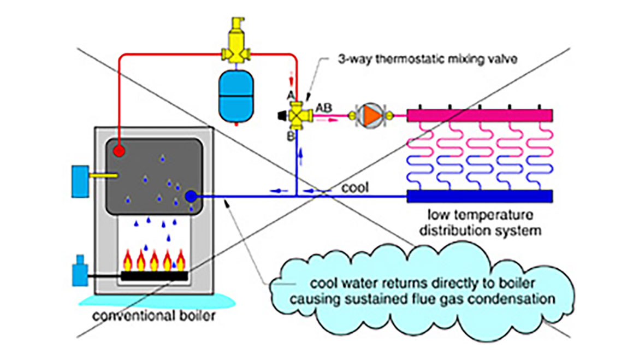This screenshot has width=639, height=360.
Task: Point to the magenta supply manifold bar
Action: pos(480,115)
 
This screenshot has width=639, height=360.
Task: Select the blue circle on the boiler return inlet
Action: pos(191,196)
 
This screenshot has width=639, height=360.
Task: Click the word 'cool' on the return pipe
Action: pos(355,187)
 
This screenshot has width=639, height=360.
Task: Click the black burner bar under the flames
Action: pos(155,276)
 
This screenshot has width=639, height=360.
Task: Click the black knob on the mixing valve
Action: pos(282,115)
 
